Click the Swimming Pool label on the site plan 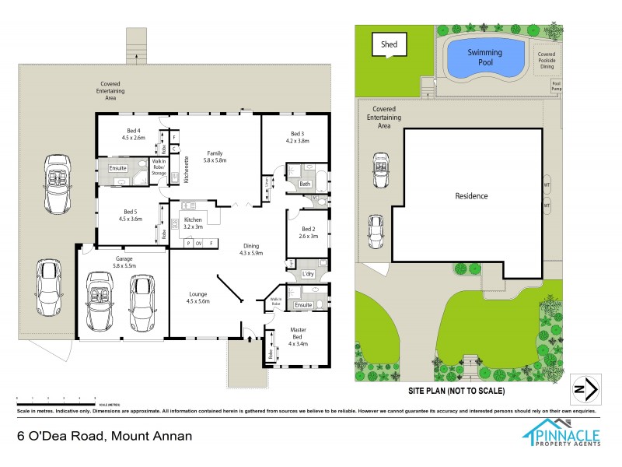(484, 57)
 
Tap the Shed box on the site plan (389, 44)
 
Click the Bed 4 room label (133, 134)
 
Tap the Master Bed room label (299, 334)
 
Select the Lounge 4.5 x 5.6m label (198, 297)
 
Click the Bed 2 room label (309, 231)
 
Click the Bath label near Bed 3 (305, 184)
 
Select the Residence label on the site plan (472, 196)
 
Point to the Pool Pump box (555, 85)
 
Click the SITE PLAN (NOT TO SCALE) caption (457, 390)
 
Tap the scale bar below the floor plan (54, 399)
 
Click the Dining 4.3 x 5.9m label (252, 249)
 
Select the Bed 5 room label (133, 215)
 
